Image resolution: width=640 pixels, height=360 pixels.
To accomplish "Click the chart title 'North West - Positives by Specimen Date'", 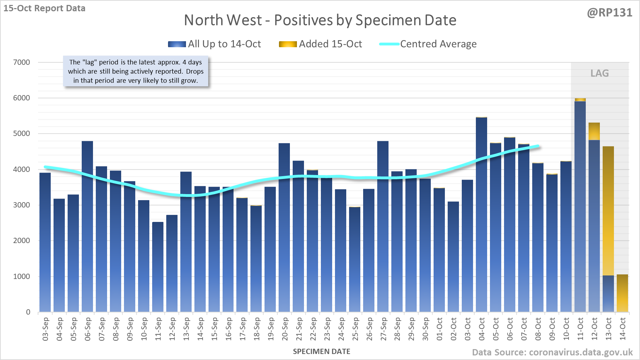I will (x=320, y=20).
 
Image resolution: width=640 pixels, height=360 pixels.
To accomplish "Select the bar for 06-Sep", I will (x=87, y=225).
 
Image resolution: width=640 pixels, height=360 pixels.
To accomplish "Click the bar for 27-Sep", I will (x=383, y=225).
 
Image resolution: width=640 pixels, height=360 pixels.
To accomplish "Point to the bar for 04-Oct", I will (x=481, y=215).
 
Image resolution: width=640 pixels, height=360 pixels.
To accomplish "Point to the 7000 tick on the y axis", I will (x=21, y=62).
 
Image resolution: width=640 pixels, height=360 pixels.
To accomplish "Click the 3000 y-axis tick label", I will (x=21, y=205).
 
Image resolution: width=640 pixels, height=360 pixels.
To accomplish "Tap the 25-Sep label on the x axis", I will (x=355, y=329).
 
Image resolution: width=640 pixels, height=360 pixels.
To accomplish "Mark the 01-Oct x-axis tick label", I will (x=440, y=329).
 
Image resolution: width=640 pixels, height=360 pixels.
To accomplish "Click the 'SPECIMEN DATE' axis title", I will (x=322, y=352).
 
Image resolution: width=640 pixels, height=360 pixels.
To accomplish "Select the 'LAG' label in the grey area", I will (x=599, y=73).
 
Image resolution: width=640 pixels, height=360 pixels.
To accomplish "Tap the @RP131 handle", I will (x=610, y=13).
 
